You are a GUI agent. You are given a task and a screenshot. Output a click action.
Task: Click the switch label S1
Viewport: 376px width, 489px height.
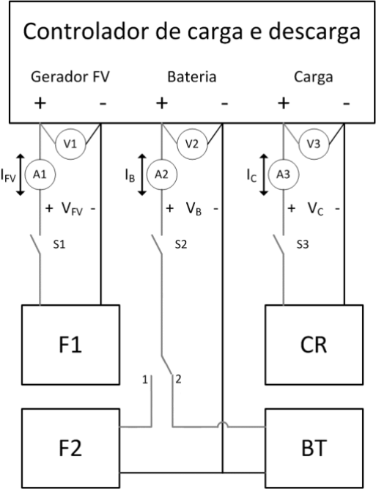pyautogui.click(x=59, y=245)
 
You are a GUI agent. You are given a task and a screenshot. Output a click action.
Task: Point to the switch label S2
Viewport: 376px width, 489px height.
pyautogui.click(x=181, y=245)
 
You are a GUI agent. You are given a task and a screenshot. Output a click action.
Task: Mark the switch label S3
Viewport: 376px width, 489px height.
pyautogui.click(x=303, y=245)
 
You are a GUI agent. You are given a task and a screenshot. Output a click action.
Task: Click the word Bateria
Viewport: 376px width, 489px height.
pyautogui.click(x=192, y=77)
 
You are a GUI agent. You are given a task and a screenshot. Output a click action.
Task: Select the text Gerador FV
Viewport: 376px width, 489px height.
pyautogui.click(x=70, y=77)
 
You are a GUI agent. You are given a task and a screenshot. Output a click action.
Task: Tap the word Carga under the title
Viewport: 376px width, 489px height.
pyautogui.click(x=314, y=77)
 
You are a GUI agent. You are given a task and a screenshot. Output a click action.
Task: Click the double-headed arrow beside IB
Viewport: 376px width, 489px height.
pyautogui.click(x=142, y=174)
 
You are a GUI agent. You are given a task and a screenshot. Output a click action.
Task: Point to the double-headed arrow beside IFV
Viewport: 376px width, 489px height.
pyautogui.click(x=21, y=174)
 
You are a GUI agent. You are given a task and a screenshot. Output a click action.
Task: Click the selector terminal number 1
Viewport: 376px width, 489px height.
pyautogui.click(x=144, y=380)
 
